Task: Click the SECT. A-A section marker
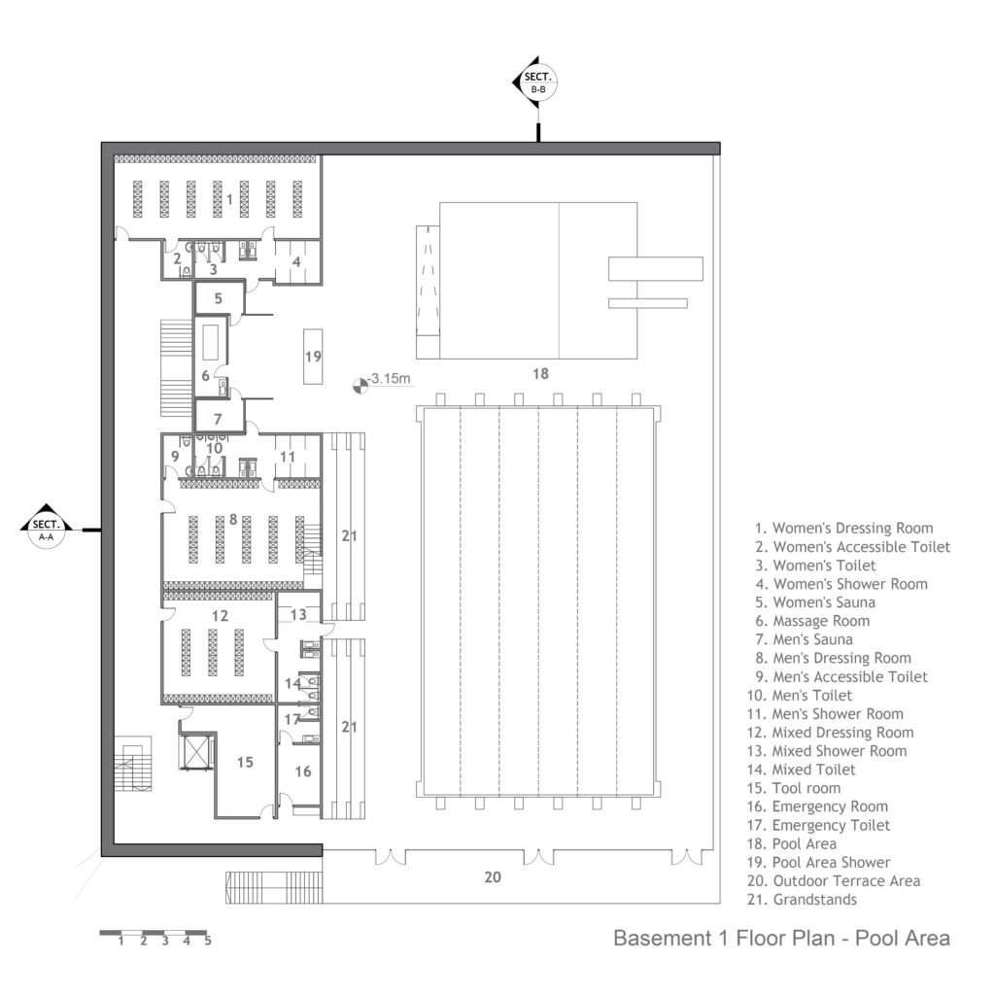(x=46, y=529)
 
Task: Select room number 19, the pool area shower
(x=312, y=357)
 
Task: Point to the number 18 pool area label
(x=541, y=372)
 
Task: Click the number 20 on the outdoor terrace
(x=493, y=876)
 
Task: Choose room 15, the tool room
(x=245, y=762)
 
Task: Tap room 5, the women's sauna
(x=219, y=298)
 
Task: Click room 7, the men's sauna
(x=219, y=420)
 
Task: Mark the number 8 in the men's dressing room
(x=233, y=519)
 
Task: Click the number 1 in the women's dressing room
(x=229, y=198)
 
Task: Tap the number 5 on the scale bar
(x=208, y=941)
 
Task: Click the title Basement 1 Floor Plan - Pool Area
(x=781, y=939)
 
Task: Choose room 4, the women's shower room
(x=296, y=260)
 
